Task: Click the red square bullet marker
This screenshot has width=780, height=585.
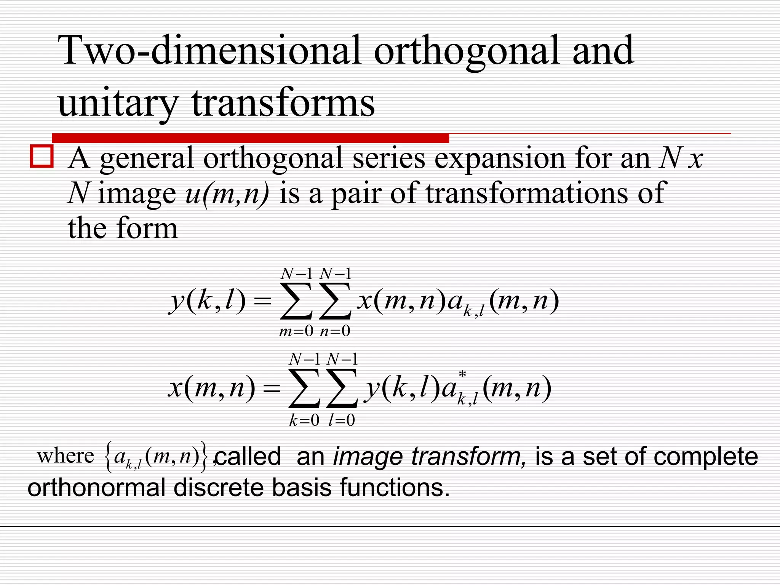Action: coord(42,156)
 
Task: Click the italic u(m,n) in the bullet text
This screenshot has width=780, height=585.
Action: coord(227,194)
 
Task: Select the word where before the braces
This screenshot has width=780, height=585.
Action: coord(65,456)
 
